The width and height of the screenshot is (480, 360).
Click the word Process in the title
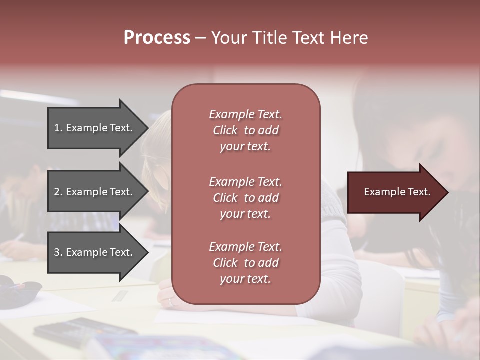pyautogui.click(x=157, y=38)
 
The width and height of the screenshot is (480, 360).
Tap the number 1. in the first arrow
pyautogui.click(x=58, y=128)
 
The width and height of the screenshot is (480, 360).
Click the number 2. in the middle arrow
pyautogui.click(x=58, y=192)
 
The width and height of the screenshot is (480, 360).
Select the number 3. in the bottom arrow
pyautogui.click(x=58, y=252)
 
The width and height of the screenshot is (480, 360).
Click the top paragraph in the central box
pyautogui.click(x=245, y=130)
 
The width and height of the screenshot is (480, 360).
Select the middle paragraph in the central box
pyautogui.click(x=245, y=198)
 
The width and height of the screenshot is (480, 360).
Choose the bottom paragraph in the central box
pyautogui.click(x=245, y=263)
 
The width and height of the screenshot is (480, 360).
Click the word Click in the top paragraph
pyautogui.click(x=225, y=130)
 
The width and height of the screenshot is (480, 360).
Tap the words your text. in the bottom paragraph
pyautogui.click(x=245, y=279)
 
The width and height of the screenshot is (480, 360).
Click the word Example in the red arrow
pyautogui.click(x=382, y=192)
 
